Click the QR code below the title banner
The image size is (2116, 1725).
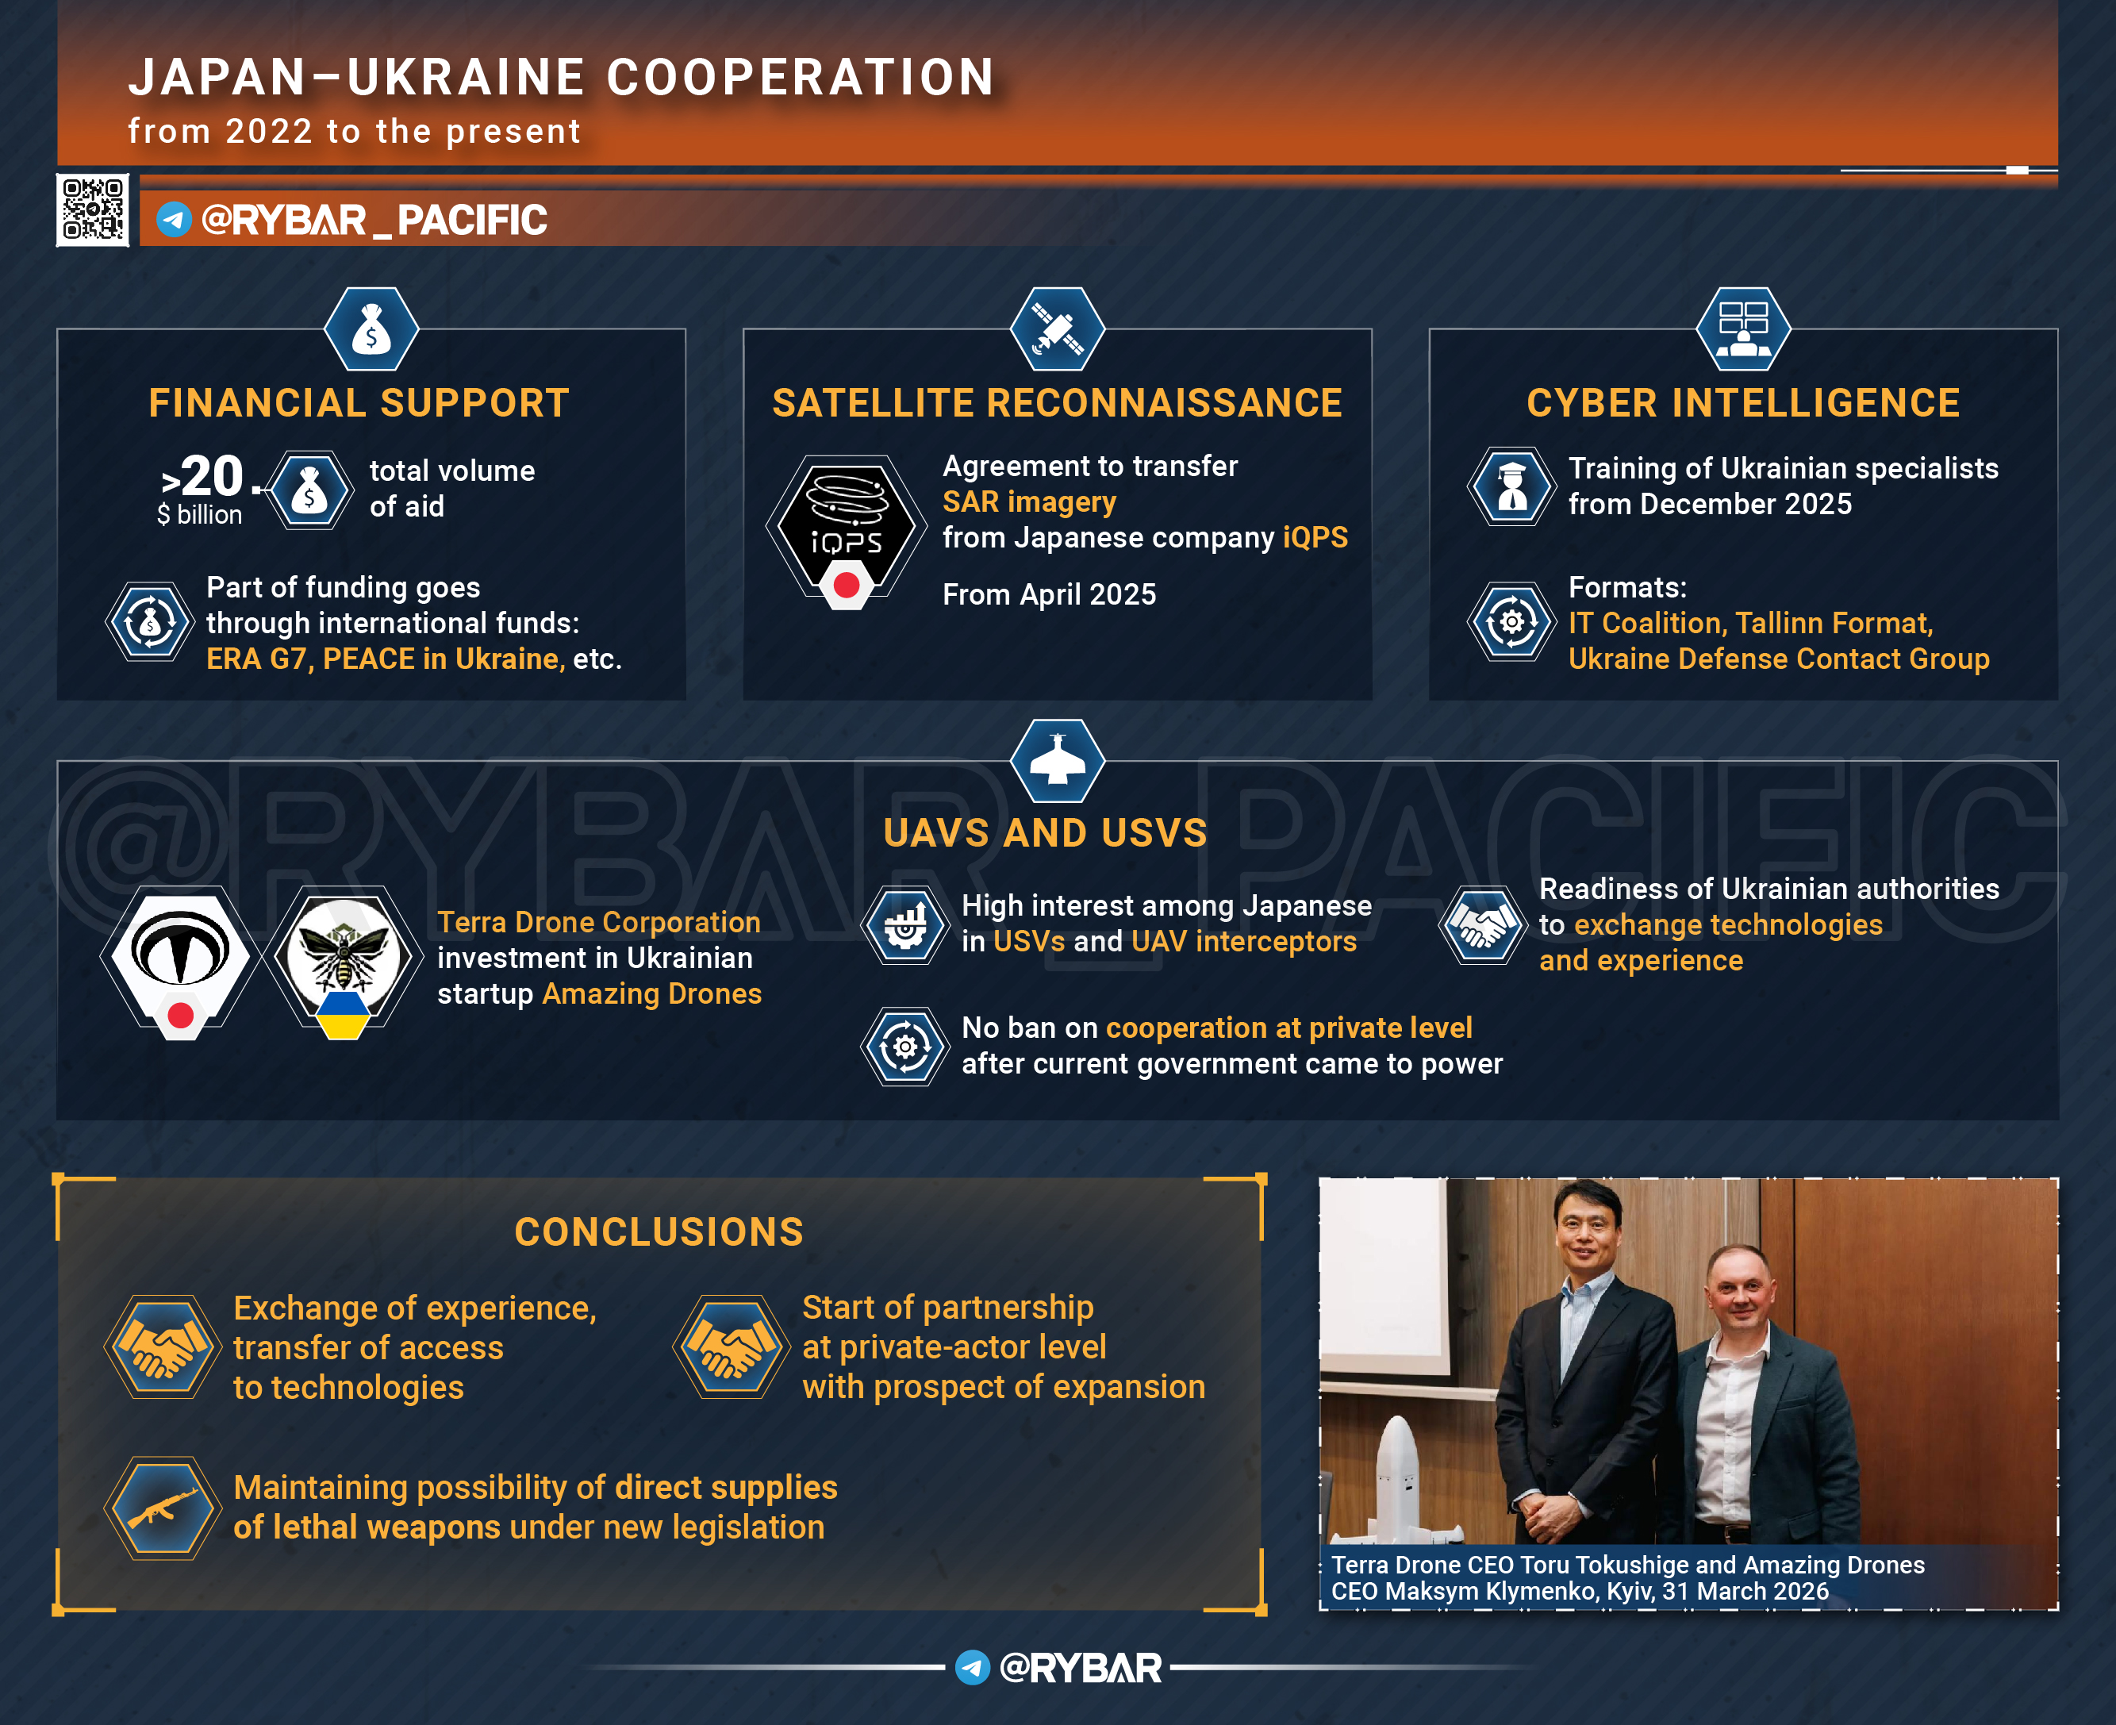pyautogui.click(x=92, y=209)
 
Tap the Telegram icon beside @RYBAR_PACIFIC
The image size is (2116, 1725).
pyautogui.click(x=174, y=220)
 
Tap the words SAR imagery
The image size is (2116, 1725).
pyautogui.click(x=1029, y=501)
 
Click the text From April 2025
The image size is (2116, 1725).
pyautogui.click(x=1049, y=594)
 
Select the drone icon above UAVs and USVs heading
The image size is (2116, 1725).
pyautogui.click(x=1057, y=761)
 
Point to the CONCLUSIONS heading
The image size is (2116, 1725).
pyautogui.click(x=659, y=1232)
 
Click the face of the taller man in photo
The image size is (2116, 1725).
pyautogui.click(x=1588, y=1234)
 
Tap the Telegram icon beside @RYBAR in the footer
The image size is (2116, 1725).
pyautogui.click(x=973, y=1667)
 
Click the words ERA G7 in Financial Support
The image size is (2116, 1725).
pyautogui.click(x=256, y=659)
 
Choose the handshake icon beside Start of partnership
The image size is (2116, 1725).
pyautogui.click(x=732, y=1347)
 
